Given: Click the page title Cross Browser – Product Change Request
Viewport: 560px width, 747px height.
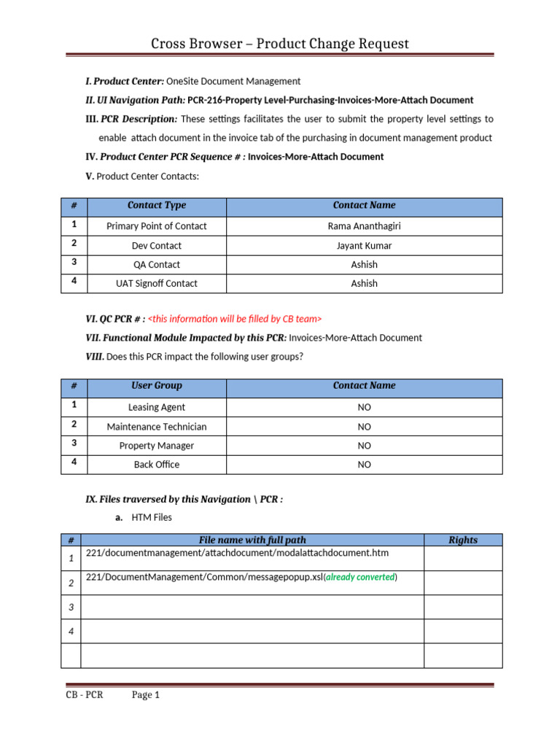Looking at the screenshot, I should click(x=280, y=44).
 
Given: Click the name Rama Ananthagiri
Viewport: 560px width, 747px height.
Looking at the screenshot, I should click(x=364, y=226).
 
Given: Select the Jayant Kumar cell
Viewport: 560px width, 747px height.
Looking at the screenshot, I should click(x=364, y=246).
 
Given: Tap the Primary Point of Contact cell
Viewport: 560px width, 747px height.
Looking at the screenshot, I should click(x=156, y=226).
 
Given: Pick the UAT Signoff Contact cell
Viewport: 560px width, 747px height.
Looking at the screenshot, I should click(x=156, y=284).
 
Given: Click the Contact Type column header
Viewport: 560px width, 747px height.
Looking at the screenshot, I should click(x=156, y=206).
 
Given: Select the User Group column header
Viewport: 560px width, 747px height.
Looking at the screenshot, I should click(x=156, y=386).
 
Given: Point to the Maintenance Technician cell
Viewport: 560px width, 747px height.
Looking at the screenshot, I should click(x=156, y=427).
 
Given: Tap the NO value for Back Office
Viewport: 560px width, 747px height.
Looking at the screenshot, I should click(x=364, y=465).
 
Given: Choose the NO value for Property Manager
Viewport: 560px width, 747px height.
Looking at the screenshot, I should click(x=364, y=446).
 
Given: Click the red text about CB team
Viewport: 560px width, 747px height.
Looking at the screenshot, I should click(x=234, y=319).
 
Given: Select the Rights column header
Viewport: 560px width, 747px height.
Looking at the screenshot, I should click(x=462, y=541).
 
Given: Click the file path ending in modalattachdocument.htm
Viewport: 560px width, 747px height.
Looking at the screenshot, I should click(x=237, y=553).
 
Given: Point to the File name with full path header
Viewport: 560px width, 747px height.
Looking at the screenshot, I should click(x=252, y=541).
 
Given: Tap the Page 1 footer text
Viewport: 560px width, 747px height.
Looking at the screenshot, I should click(x=145, y=695).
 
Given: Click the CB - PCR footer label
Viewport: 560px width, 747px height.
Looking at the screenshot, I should click(x=84, y=695).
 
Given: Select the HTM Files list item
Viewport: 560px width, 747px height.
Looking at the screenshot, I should click(x=152, y=518).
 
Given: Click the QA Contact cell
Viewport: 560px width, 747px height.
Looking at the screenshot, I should click(x=156, y=265).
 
